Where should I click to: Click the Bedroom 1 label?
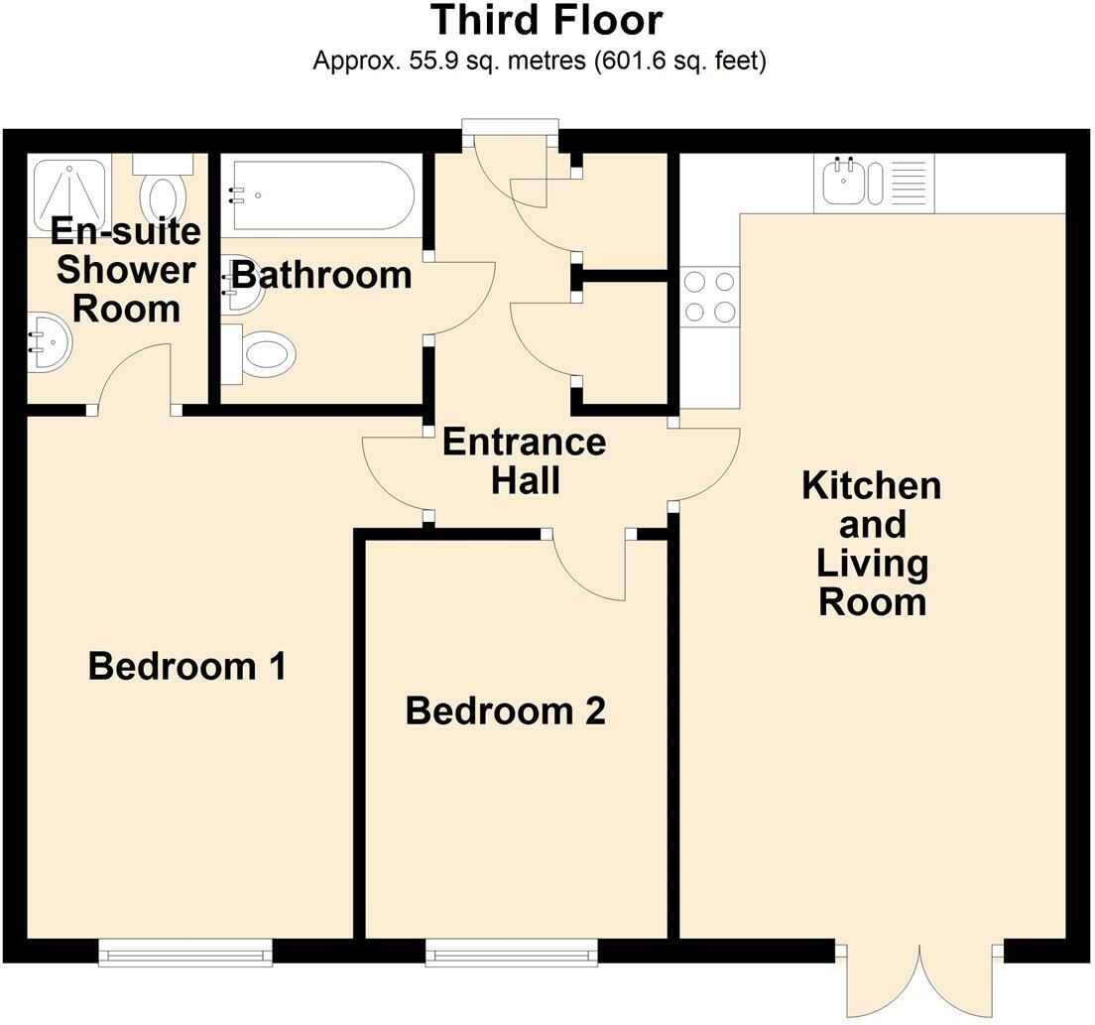pyautogui.click(x=186, y=666)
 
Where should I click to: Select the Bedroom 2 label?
pyautogui.click(x=505, y=711)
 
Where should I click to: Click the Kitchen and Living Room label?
pyautogui.click(x=872, y=544)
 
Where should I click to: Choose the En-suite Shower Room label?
pyautogui.click(x=126, y=270)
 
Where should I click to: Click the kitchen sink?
pyautogui.click(x=852, y=182)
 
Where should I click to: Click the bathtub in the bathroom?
pyautogui.click(x=318, y=195)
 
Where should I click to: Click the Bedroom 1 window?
pyautogui.click(x=185, y=955)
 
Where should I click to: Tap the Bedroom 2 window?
pyautogui.click(x=512, y=955)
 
